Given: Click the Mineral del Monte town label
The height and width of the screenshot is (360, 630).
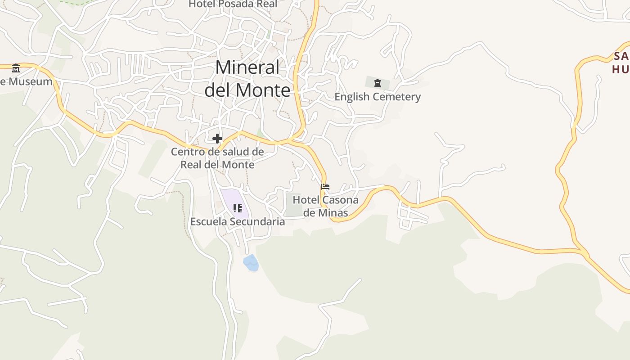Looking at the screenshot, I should click(x=247, y=79).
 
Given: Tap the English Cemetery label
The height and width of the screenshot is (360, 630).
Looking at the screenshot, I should click(x=377, y=97).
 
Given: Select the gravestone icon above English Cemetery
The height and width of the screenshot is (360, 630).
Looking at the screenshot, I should click(x=378, y=83).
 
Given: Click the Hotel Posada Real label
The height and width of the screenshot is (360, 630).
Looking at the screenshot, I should click(x=233, y=4).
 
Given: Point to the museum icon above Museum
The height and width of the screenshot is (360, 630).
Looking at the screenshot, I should click(x=16, y=68).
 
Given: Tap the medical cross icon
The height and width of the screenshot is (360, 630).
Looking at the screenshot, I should click(x=217, y=139).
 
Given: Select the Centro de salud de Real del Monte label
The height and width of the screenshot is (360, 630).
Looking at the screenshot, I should click(x=217, y=158).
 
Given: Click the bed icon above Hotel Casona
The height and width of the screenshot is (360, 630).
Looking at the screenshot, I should click(x=325, y=187).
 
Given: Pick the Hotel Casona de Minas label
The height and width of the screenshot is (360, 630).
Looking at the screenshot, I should click(x=325, y=206).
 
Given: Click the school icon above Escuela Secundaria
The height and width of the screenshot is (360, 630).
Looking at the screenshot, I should click(x=238, y=208).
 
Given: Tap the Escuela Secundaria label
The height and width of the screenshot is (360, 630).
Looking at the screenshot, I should click(x=238, y=221).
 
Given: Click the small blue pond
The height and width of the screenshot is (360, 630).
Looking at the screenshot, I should click(x=251, y=263).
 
